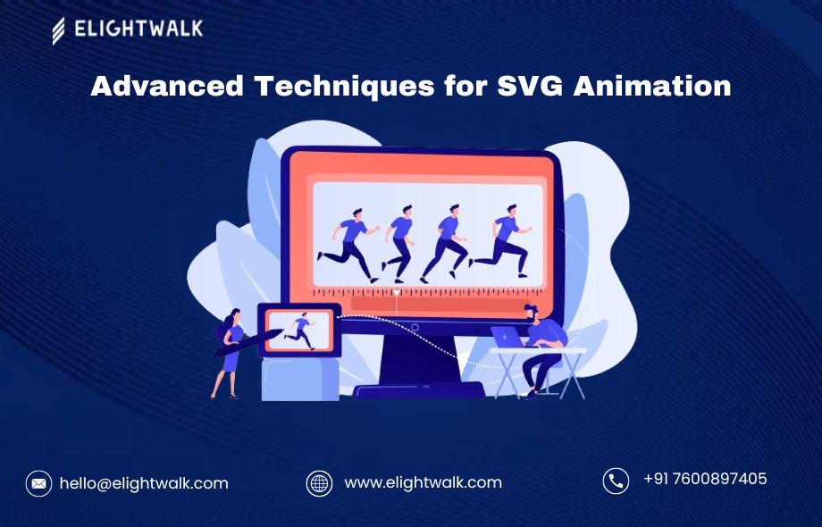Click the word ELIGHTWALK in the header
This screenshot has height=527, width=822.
click(x=138, y=29)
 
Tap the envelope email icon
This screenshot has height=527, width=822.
click(x=38, y=483)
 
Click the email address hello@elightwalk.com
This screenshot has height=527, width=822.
click(x=144, y=483)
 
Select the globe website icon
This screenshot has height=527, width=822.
click(x=319, y=483)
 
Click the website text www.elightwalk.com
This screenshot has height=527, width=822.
click(x=423, y=482)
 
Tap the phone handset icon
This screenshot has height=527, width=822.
click(x=616, y=481)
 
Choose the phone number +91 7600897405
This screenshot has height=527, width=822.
click(x=705, y=479)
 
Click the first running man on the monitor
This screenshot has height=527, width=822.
click(x=348, y=243)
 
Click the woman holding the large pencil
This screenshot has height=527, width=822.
click(x=229, y=351)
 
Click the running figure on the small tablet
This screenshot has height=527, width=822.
click(x=299, y=330)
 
